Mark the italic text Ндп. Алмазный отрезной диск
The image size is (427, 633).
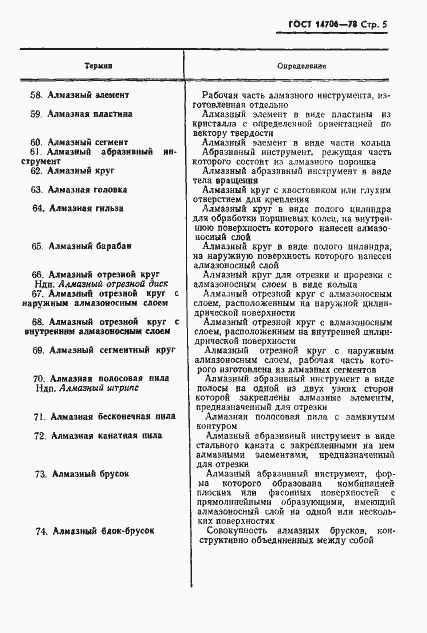97,283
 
